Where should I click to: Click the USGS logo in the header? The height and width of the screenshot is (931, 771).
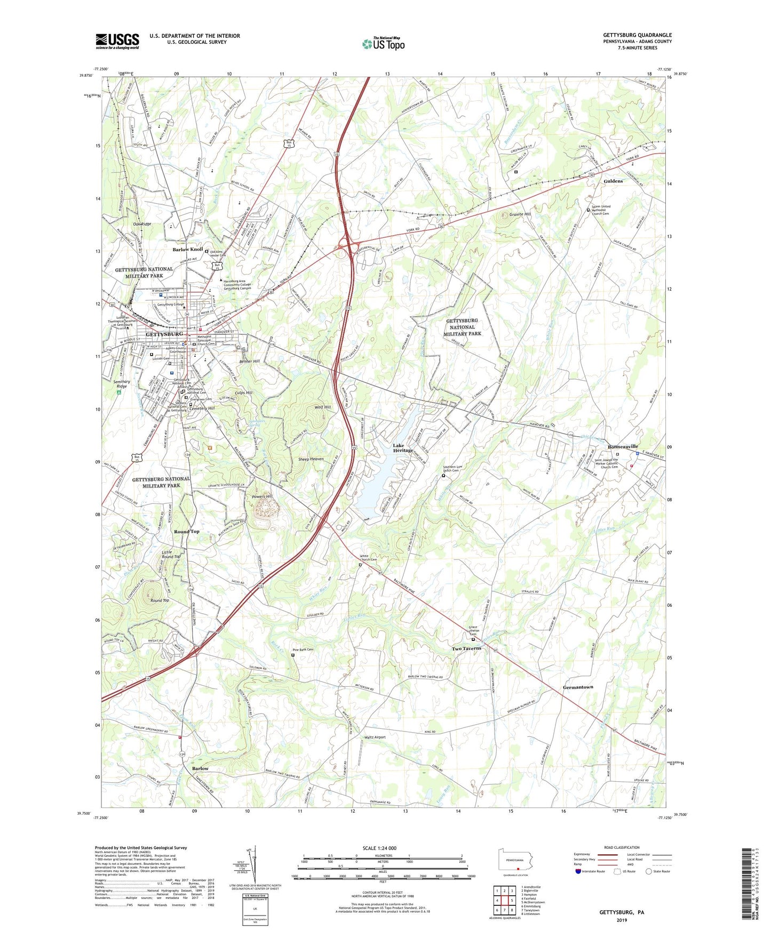click(117, 41)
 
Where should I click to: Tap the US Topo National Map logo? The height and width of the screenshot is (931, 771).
click(383, 44)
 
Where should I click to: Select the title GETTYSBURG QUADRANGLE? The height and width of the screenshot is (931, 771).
click(637, 35)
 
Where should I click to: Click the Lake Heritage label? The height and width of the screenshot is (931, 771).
click(403, 448)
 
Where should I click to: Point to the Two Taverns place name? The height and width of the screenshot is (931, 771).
click(466, 648)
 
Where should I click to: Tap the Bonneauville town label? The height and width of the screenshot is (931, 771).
click(618, 446)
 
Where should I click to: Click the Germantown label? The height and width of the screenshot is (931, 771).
click(578, 687)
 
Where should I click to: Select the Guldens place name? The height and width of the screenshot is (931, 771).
click(613, 181)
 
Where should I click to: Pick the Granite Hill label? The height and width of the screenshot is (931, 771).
click(520, 214)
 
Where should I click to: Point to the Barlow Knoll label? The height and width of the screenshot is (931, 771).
click(187, 250)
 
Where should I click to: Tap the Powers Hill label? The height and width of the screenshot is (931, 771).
click(262, 496)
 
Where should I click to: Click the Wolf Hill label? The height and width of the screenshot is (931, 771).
click(323, 407)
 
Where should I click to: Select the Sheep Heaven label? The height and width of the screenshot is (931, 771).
click(311, 459)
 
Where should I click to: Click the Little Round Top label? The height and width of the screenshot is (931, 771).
click(171, 555)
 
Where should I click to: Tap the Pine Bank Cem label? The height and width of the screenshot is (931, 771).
click(303, 649)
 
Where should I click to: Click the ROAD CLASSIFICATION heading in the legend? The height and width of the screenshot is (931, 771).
click(622, 847)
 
